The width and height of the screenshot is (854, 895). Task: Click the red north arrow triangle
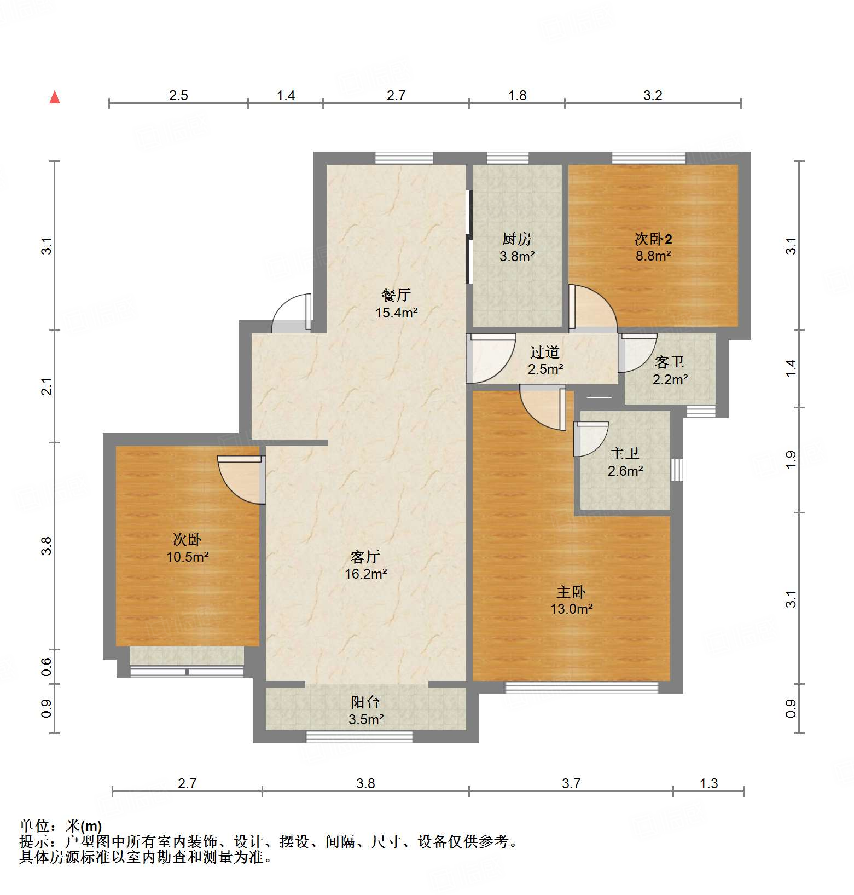[55, 97]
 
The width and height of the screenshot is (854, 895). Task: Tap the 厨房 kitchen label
[516, 239]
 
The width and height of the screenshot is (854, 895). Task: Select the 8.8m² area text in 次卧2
[653, 256]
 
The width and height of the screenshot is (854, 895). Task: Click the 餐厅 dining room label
[396, 296]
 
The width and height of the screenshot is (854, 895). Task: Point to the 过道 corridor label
[545, 352]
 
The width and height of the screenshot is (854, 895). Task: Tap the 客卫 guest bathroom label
[669, 362]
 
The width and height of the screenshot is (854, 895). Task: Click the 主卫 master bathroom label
[625, 453]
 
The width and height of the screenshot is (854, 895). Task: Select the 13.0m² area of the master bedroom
[572, 609]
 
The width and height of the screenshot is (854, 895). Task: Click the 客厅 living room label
[365, 557]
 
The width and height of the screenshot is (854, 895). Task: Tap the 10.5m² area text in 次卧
[188, 557]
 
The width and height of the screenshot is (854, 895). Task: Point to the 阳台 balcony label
[365, 702]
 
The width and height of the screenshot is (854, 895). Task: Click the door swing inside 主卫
[590, 438]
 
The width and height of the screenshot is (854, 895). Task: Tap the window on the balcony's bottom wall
[359, 737]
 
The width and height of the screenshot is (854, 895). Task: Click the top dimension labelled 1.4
[286, 96]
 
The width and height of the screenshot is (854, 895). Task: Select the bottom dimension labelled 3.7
[571, 783]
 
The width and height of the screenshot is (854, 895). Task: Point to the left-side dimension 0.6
[47, 666]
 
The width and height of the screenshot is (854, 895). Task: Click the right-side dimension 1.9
[791, 460]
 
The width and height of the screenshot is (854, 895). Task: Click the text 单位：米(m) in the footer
[61, 826]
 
